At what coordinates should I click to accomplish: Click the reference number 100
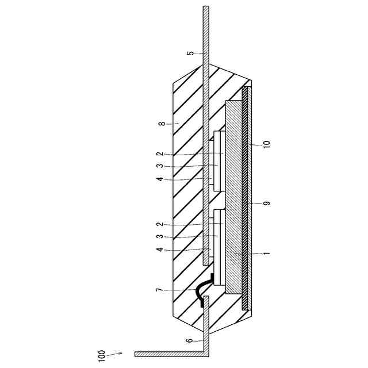(x=101, y=356)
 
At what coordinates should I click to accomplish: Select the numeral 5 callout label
(x=191, y=53)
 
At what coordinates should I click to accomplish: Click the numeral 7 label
(x=160, y=290)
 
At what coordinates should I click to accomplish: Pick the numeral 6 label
(x=190, y=340)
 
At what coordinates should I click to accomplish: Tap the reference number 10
(x=267, y=144)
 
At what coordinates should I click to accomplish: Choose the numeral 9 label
(x=267, y=203)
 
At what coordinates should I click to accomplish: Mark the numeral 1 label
(x=267, y=254)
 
